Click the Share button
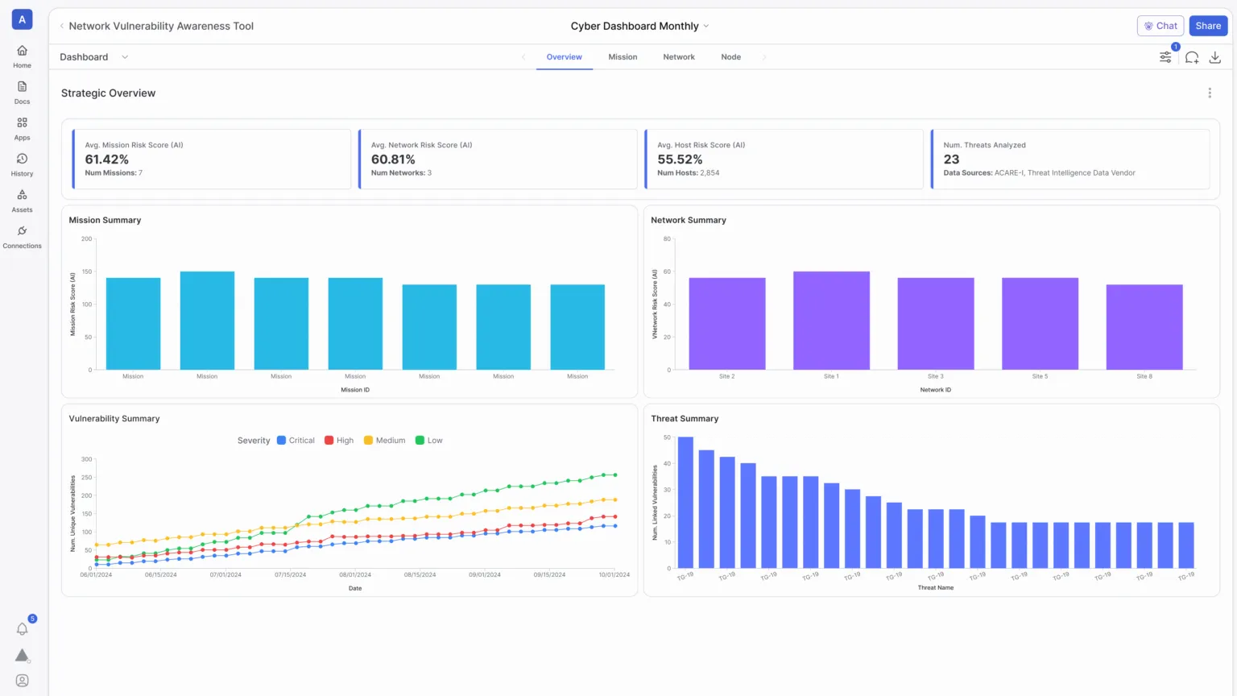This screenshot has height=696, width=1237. coord(1207,26)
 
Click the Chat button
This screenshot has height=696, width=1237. coord(1160,26)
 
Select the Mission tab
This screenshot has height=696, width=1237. coord(623,57)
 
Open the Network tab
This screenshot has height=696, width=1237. coord(678,57)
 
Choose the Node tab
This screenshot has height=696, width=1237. coord(730,57)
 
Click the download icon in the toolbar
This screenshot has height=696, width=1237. coord(1214,57)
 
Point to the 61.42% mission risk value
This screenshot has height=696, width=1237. coord(106,159)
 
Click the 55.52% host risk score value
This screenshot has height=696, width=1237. coord(680,159)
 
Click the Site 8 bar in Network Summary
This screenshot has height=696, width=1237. coord(1144,327)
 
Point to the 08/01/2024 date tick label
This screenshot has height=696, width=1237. coord(355,575)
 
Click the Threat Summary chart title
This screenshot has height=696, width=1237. coord(684,419)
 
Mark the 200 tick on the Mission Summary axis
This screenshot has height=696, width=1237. coord(86,239)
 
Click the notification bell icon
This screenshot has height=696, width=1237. coord(22,629)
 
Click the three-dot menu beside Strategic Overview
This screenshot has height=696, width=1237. coord(1209,93)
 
